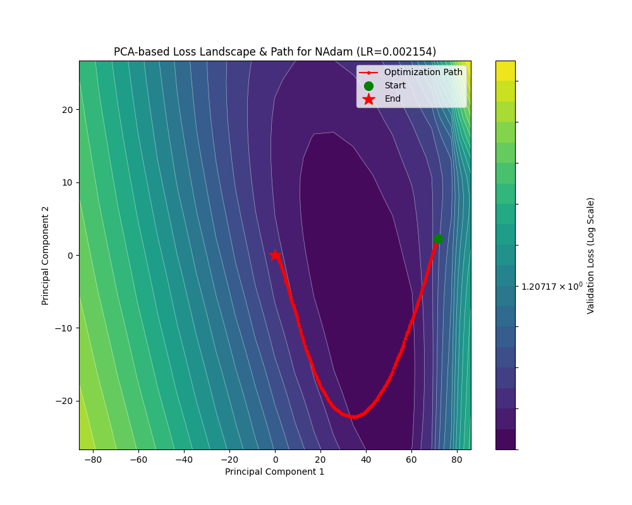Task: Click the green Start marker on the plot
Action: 438,239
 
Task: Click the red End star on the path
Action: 275,255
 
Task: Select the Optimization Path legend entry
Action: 423,72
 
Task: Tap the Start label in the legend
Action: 394,85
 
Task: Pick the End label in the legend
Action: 392,98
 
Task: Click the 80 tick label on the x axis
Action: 457,460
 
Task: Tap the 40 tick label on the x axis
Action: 366,460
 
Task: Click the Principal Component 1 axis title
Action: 274,472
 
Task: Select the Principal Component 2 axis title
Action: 46,255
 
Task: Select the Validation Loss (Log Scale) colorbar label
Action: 591,255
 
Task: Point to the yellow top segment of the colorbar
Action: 505,70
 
